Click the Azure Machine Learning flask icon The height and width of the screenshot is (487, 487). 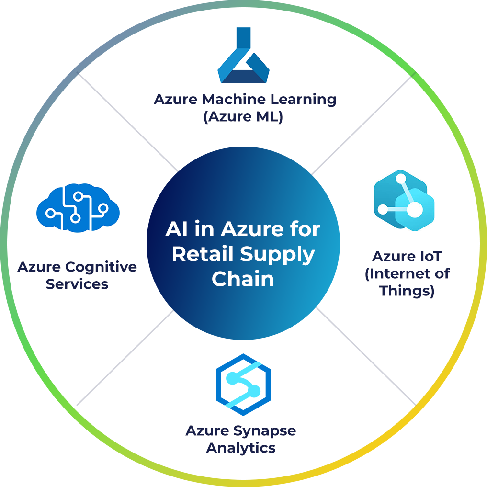click(243, 57)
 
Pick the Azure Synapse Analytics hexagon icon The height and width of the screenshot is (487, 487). click(243, 384)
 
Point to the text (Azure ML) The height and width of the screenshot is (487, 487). click(243, 116)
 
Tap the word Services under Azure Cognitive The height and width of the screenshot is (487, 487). click(77, 284)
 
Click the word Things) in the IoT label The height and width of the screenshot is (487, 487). click(407, 291)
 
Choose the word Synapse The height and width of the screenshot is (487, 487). click(265, 430)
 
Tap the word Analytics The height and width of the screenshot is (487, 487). click(241, 448)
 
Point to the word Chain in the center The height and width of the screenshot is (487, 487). click(243, 279)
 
